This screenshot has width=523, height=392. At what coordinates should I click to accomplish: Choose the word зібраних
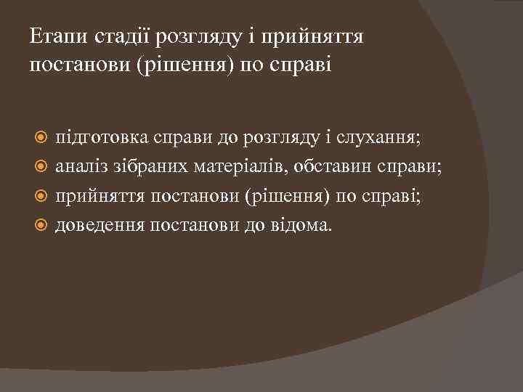(x=153, y=167)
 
